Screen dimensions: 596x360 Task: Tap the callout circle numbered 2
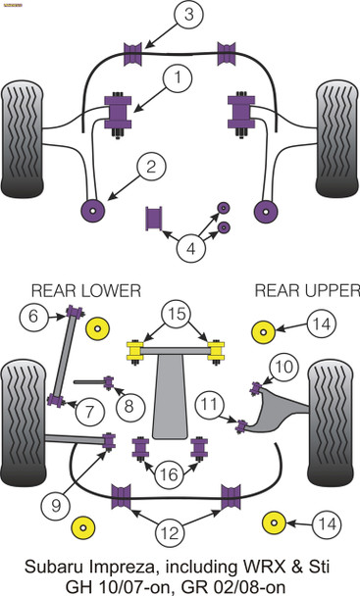click(150, 168)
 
